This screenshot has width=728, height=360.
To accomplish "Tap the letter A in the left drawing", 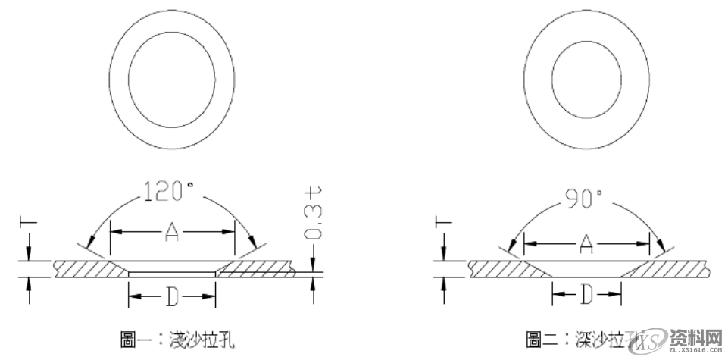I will tap(171, 235).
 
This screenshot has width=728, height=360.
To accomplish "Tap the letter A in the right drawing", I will tap(586, 243).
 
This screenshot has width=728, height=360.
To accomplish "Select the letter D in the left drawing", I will tap(171, 298).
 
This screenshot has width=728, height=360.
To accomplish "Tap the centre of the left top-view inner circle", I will tap(170, 78).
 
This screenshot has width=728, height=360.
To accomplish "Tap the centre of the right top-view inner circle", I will tap(586, 78).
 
